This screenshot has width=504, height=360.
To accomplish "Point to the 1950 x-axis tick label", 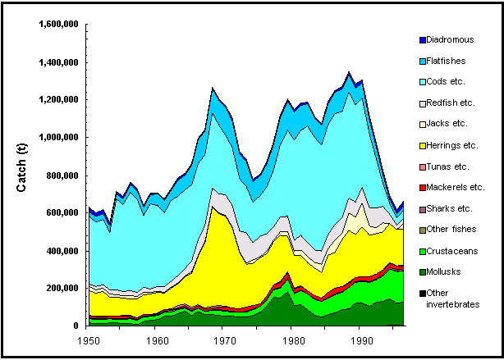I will (88, 338).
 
